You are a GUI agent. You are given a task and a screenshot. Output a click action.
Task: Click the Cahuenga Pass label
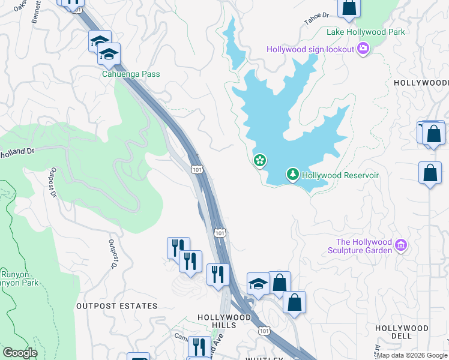point(130,74)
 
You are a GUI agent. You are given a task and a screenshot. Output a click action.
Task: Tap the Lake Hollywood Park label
point(366,32)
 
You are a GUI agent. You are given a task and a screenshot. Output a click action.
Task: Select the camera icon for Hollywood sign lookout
point(363,49)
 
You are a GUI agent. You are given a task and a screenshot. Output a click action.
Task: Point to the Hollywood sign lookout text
point(310,49)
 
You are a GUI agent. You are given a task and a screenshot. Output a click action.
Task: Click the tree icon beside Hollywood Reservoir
point(292,175)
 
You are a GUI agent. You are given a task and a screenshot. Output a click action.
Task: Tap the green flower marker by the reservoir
point(260,160)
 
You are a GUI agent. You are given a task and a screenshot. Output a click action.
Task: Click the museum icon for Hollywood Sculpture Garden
point(402,245)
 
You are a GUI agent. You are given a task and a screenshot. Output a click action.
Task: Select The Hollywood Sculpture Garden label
point(364,246)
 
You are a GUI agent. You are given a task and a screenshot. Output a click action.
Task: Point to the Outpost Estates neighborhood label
point(116,306)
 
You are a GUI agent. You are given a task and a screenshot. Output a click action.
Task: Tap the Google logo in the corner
point(19,353)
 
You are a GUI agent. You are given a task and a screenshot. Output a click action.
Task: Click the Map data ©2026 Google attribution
point(412,355)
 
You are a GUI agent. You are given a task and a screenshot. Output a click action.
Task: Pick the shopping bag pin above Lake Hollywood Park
point(349,8)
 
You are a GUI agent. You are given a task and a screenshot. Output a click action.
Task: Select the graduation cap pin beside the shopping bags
point(258,283)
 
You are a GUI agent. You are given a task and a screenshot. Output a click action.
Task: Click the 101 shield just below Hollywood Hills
point(264,331)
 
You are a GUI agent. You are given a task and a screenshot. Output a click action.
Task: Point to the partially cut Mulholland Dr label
point(17,152)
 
